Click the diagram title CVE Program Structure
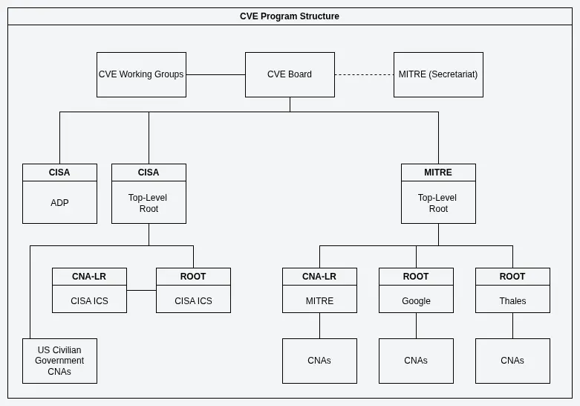coord(290,16)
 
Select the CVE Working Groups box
coord(141,74)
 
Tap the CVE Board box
coord(290,74)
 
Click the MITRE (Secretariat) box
coord(438,74)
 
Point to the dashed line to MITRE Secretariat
coord(364,74)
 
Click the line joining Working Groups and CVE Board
coord(215,74)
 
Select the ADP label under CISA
coord(59,203)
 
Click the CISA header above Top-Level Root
coord(149,173)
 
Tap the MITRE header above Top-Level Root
coord(438,173)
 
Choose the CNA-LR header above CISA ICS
coord(89,277)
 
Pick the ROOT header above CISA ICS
coord(193,277)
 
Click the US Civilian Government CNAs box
coord(59,361)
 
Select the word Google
coord(416,301)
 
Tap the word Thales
coord(512,301)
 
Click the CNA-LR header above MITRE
coord(319,277)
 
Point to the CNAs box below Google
coord(416,361)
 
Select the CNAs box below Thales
coord(512,361)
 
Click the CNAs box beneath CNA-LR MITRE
coord(319,361)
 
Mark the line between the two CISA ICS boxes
coord(141,290)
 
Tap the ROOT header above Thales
coord(512,277)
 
